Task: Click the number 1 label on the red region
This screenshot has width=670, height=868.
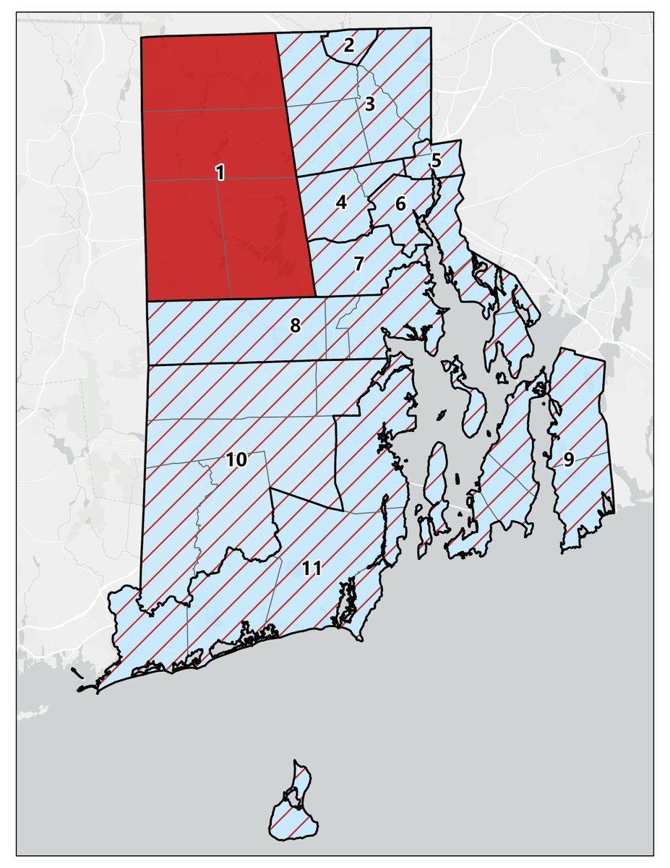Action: click(220, 172)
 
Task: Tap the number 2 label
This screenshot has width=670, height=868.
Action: click(349, 46)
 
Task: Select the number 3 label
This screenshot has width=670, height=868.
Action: click(369, 103)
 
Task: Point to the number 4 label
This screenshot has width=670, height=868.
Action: click(341, 203)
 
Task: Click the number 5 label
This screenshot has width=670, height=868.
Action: click(435, 161)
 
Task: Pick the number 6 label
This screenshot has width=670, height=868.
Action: click(400, 204)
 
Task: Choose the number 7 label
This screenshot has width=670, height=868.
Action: click(358, 263)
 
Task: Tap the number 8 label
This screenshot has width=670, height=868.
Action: click(295, 326)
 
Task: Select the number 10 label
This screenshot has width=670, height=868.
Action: click(237, 459)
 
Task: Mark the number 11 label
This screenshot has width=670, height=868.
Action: click(312, 568)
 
